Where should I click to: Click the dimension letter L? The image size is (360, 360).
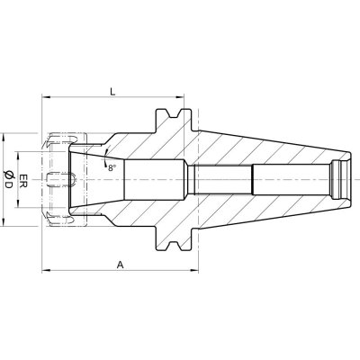click(x=112, y=91)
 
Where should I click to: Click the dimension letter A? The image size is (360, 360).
click(x=121, y=265)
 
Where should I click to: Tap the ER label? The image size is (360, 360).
click(x=23, y=180)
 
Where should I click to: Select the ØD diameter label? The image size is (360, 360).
click(x=8, y=179)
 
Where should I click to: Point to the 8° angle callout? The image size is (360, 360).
click(x=112, y=168)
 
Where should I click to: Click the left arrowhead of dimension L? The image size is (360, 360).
click(x=45, y=97)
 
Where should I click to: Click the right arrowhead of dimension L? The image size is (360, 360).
click(x=179, y=97)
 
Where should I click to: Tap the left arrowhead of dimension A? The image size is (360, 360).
click(x=45, y=271)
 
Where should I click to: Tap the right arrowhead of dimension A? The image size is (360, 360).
click(x=194, y=271)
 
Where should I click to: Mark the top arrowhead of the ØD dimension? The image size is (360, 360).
click(x=4, y=138)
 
